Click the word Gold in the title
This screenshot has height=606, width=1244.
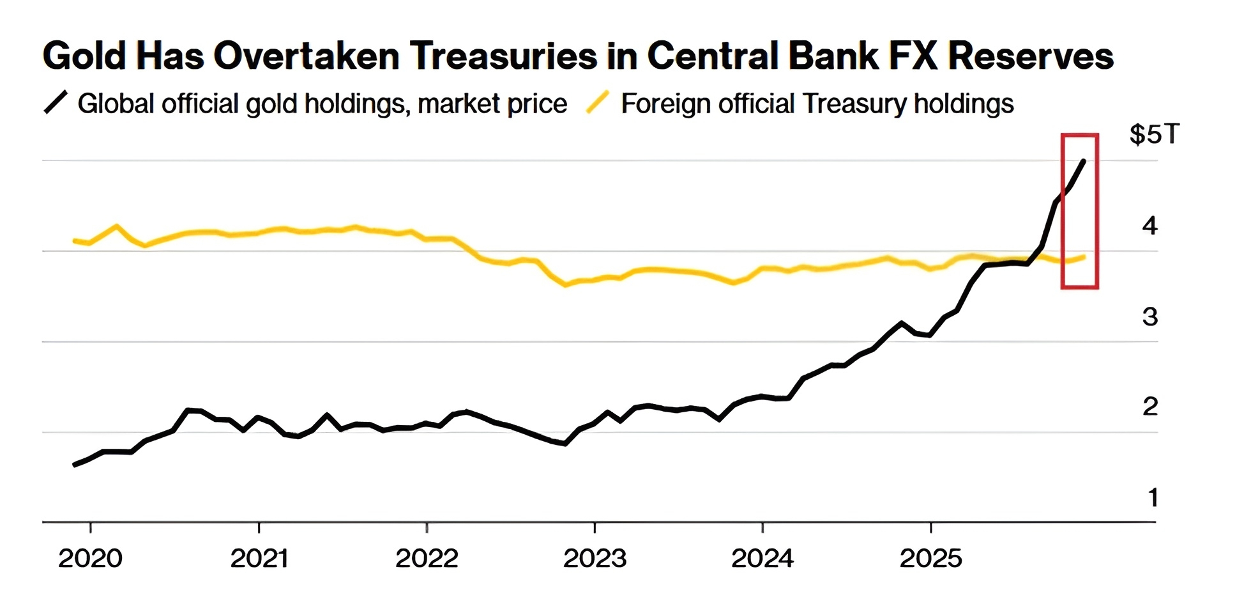point(83,56)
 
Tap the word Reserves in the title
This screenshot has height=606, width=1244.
point(1031,56)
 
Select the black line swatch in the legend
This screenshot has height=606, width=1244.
point(56,103)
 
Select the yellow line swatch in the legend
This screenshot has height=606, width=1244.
point(597,103)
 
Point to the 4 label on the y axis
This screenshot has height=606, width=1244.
point(1149,226)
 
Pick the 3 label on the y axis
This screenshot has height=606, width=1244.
point(1149,316)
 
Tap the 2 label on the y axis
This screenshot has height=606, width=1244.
point(1149,407)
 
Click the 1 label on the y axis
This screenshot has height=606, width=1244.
point(1153,497)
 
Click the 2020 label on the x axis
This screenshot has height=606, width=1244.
point(90,559)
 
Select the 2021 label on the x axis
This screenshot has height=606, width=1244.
point(259,559)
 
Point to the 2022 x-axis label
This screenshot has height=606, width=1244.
point(427,559)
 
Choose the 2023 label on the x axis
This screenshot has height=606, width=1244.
point(595,559)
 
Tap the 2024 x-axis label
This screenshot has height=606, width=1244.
point(762,559)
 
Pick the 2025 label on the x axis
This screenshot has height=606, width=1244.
point(930,559)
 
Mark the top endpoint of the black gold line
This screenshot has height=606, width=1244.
point(1084,161)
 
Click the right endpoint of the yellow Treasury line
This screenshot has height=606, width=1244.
point(1084,257)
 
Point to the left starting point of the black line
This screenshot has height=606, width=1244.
point(75,465)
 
